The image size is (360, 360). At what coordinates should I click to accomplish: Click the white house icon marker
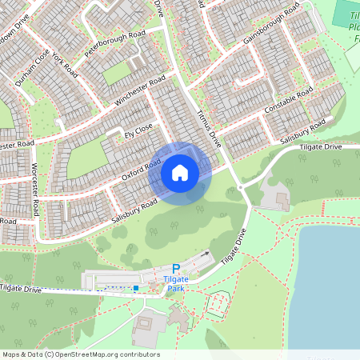[180, 173]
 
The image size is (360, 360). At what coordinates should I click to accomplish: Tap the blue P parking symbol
[176, 269]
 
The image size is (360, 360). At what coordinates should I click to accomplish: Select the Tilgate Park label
[176, 283]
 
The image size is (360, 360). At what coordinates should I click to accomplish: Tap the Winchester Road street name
[139, 93]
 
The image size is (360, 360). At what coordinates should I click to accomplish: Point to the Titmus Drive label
[208, 128]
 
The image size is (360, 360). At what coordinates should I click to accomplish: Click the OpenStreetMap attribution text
[80, 354]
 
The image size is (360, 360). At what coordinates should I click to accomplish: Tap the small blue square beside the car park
[136, 287]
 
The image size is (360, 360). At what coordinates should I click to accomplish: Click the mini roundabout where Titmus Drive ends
[240, 187]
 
